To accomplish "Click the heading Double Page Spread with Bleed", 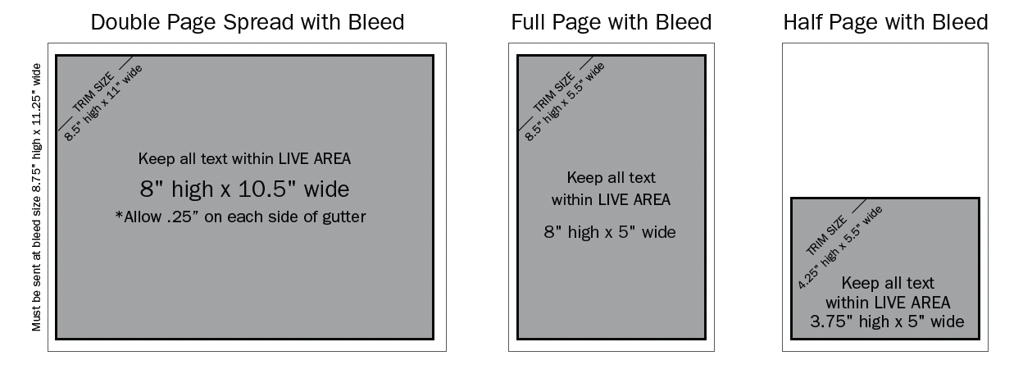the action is point(248,22).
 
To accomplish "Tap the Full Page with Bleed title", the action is point(612,22).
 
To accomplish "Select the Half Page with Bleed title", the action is point(885,22).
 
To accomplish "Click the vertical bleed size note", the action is point(37,197).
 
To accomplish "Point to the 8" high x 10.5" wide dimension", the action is point(244,189).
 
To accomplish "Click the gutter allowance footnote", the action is point(241,217).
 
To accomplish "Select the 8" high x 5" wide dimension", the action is point(610,232).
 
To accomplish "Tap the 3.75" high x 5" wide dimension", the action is point(887,322).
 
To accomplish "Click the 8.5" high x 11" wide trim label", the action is point(103,103).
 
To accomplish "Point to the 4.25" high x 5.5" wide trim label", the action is point(840,248).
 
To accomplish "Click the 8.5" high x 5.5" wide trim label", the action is point(565,102).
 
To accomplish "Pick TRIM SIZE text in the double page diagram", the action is point(93,92).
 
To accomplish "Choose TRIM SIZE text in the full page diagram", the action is point(554,92).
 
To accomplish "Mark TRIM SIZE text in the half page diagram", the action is point(826,235).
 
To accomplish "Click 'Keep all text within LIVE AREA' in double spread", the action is point(244,158).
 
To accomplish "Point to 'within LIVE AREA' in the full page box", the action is point(611,200).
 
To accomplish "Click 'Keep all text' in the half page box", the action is point(888,283).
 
